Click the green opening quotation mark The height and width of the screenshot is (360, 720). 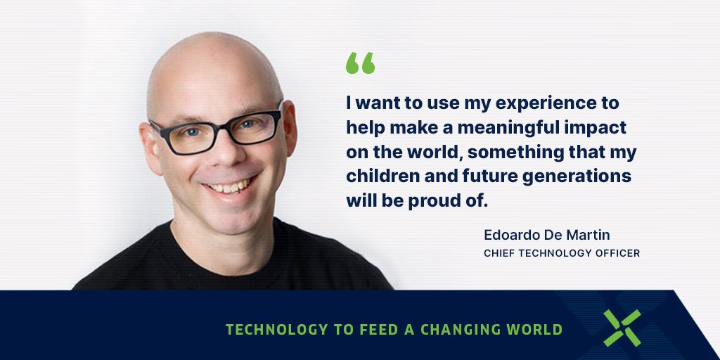(360, 63)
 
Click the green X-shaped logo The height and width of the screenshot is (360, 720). (622, 328)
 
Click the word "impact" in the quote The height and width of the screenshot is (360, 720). (603, 128)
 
